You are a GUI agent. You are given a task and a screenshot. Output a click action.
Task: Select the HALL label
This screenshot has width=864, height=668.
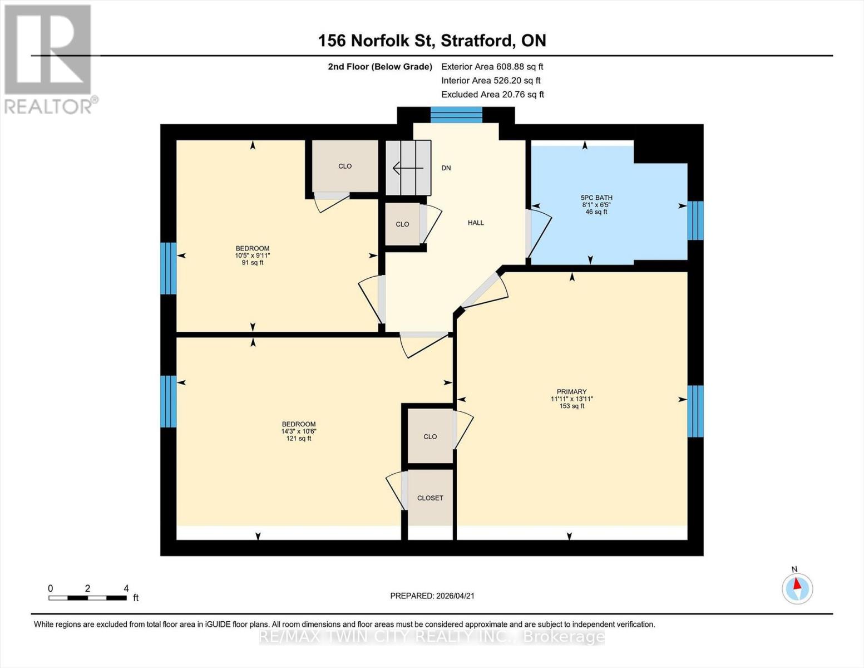476,223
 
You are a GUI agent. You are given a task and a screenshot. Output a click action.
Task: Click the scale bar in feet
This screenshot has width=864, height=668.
87,598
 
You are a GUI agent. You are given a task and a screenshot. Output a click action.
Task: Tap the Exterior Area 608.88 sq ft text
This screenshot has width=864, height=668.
492,66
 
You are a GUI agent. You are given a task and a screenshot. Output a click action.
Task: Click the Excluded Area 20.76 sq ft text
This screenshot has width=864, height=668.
492,95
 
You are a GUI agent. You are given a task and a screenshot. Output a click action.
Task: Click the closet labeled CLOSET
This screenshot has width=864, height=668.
430,498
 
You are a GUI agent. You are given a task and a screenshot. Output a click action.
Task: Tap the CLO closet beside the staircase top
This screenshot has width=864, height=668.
345,166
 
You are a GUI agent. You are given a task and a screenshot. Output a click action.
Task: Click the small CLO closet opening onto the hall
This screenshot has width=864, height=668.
402,224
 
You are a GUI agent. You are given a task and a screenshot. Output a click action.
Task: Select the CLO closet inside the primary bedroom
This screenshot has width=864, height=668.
430,436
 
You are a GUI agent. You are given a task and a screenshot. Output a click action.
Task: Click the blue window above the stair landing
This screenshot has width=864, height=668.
456,115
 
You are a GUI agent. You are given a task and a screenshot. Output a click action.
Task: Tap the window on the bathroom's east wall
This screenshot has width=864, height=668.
695,220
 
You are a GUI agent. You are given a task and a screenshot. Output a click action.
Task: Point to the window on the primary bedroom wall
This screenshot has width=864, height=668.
695,411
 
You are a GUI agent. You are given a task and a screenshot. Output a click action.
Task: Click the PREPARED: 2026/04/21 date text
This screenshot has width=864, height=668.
432,596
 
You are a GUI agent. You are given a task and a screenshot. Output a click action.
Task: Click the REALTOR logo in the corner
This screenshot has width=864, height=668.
49,58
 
